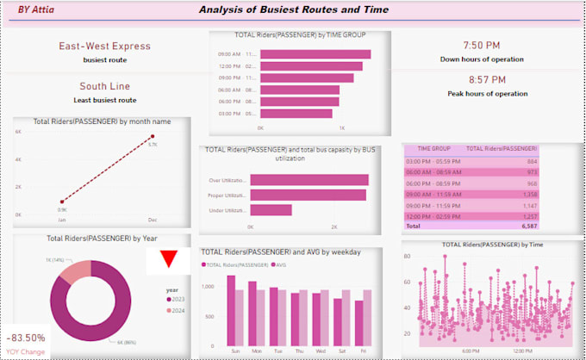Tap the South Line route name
tap(104, 86)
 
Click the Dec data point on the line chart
tap(153, 136)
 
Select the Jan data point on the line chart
tap(63, 202)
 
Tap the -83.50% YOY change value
tap(26, 338)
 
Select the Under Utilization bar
tap(271, 209)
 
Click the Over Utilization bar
tap(309, 180)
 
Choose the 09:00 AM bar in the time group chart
tap(315, 54)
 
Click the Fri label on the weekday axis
tap(364, 351)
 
